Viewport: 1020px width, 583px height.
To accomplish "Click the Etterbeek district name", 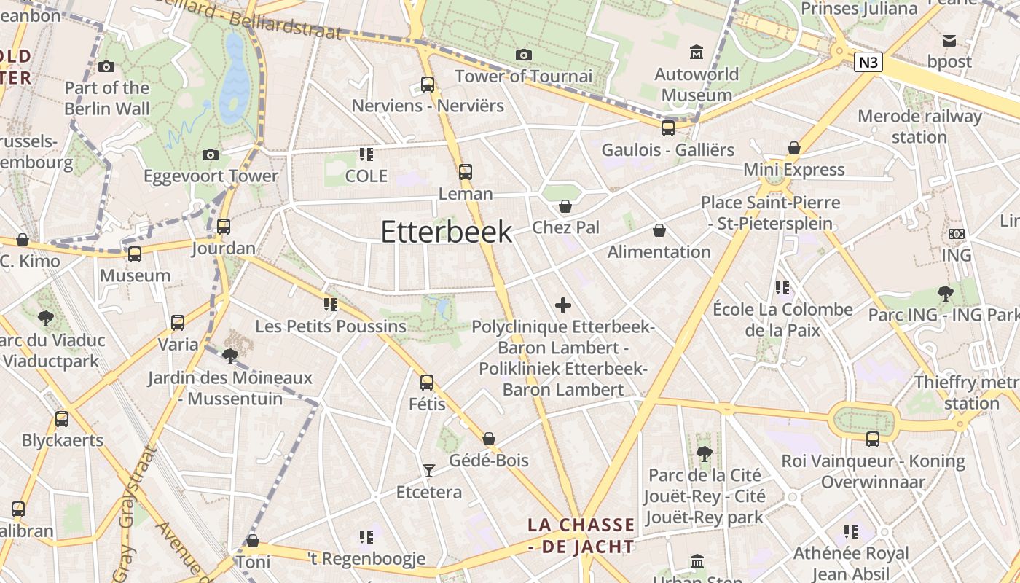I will click(x=447, y=232).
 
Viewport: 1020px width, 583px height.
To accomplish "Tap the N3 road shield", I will click(x=868, y=63).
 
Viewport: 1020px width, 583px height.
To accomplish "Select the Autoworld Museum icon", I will click(x=697, y=52).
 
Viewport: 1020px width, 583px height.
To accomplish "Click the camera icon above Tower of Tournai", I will click(x=523, y=55).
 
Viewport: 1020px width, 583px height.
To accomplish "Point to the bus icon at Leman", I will click(x=465, y=172).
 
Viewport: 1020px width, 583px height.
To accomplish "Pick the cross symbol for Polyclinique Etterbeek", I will click(x=563, y=305).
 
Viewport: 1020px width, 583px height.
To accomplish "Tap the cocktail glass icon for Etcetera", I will click(x=429, y=471).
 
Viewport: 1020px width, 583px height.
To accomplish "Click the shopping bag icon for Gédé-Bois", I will click(x=489, y=439).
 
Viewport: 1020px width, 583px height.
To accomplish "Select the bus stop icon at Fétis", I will click(x=427, y=382).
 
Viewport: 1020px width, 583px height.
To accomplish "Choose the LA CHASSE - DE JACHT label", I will click(x=581, y=535).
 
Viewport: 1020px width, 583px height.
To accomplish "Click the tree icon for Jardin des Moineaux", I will click(x=230, y=356).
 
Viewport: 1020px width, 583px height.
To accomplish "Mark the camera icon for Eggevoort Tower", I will click(x=211, y=154).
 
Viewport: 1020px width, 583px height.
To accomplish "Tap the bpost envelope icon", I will click(x=949, y=41).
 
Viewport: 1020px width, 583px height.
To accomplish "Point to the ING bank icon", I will click(x=957, y=234).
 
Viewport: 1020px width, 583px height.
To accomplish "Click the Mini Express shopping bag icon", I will click(x=794, y=149).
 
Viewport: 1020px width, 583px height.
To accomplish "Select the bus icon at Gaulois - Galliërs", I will click(x=668, y=128).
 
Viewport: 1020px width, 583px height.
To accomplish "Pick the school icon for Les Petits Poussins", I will click(x=331, y=304).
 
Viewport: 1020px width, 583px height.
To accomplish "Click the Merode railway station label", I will click(x=919, y=126).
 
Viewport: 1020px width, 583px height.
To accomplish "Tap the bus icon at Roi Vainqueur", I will click(x=873, y=439).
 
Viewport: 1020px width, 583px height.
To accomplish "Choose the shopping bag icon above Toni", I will click(x=253, y=541).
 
